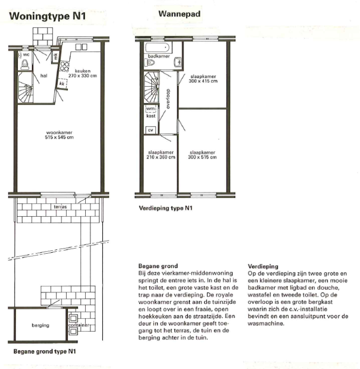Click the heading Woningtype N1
coord(47,17)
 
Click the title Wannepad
coord(180,15)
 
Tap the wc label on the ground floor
coord(26,55)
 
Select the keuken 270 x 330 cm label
coord(82,73)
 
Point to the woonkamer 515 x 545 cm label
coord(59,135)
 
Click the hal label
coord(44,75)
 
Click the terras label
coord(60,206)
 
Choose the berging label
coord(41,325)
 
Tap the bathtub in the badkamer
coord(157,48)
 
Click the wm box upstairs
coord(150,109)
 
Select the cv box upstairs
coord(150,129)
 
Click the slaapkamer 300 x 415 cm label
coord(203,78)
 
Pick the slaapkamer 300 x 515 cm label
coord(202,155)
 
